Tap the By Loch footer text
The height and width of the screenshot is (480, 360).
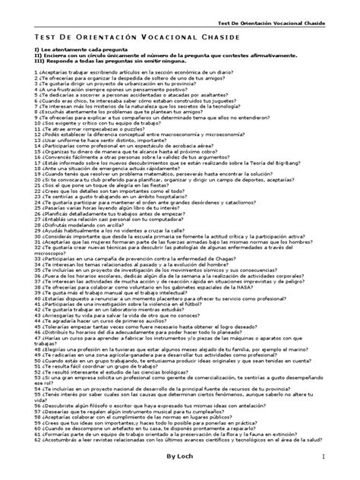(179, 455)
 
